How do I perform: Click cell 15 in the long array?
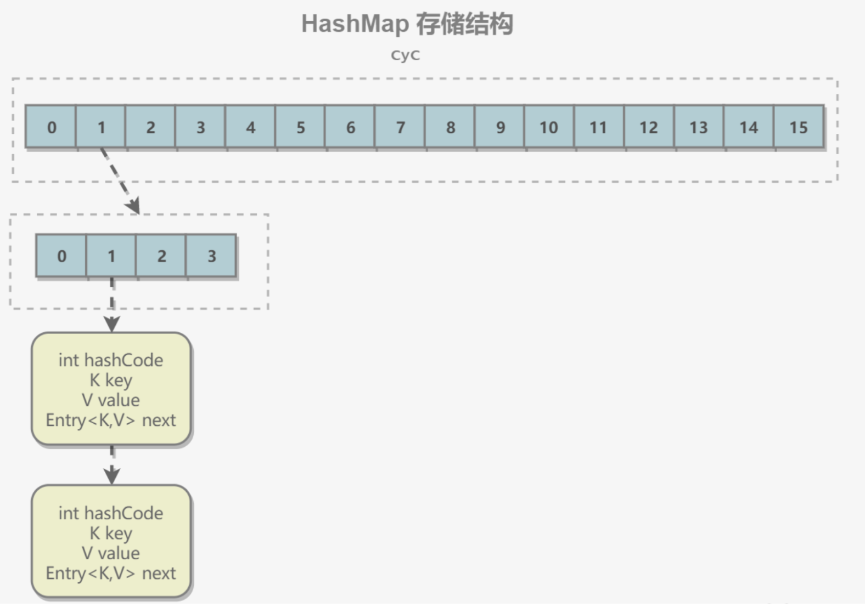[799, 127]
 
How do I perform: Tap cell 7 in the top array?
[400, 127]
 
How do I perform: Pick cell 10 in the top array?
[549, 127]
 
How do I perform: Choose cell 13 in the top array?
[699, 127]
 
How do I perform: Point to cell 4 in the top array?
[250, 127]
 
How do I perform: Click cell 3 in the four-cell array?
[211, 256]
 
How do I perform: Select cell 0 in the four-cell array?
[61, 256]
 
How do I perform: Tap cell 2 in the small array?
[161, 256]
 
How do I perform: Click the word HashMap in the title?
[355, 24]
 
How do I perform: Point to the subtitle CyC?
[405, 55]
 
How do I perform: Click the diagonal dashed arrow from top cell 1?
[120, 180]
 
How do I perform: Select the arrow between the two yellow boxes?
[112, 465]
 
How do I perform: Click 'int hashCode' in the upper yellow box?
[111, 360]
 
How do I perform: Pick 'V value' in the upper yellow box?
[111, 400]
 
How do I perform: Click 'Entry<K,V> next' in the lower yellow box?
[111, 574]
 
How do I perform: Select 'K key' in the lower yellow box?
[111, 533]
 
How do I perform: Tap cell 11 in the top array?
[599, 127]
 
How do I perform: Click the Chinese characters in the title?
[464, 24]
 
